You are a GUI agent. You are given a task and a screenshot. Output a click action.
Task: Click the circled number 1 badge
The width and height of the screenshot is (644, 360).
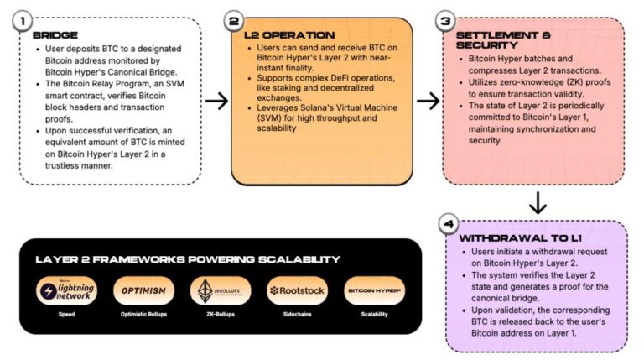coord(24,19)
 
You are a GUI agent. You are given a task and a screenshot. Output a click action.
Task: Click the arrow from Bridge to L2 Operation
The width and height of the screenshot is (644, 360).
coord(216,101)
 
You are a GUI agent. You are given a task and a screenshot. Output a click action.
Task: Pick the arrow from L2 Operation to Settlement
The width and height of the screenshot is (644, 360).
coord(428,101)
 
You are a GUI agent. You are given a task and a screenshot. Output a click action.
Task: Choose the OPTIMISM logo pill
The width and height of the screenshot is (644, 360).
coord(143,290)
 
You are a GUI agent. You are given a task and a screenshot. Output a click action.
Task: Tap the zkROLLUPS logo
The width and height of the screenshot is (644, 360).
coord(220,290)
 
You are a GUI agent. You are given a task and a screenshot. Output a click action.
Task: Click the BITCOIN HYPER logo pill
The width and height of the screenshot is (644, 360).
coord(374,290)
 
